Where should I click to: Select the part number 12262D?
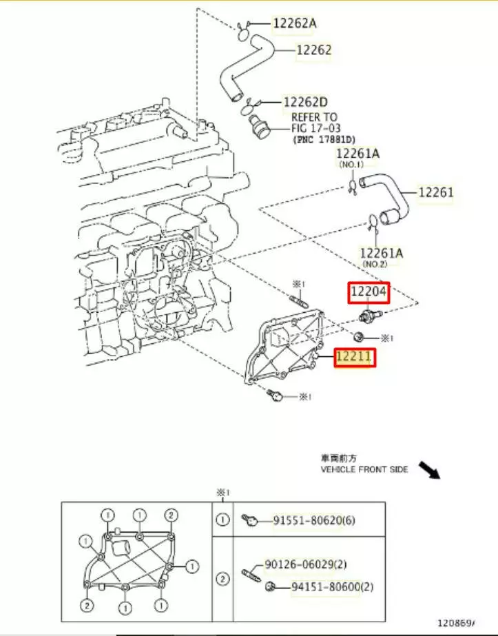click(x=304, y=102)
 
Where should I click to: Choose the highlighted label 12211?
click(x=354, y=358)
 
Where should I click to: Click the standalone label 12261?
click(x=436, y=193)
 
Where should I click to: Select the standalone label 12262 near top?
click(x=314, y=50)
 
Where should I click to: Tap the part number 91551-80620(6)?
click(x=315, y=522)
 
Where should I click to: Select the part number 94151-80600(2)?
click(x=324, y=587)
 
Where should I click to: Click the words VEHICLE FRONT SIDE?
click(x=364, y=470)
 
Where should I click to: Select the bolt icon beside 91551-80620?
click(x=250, y=522)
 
